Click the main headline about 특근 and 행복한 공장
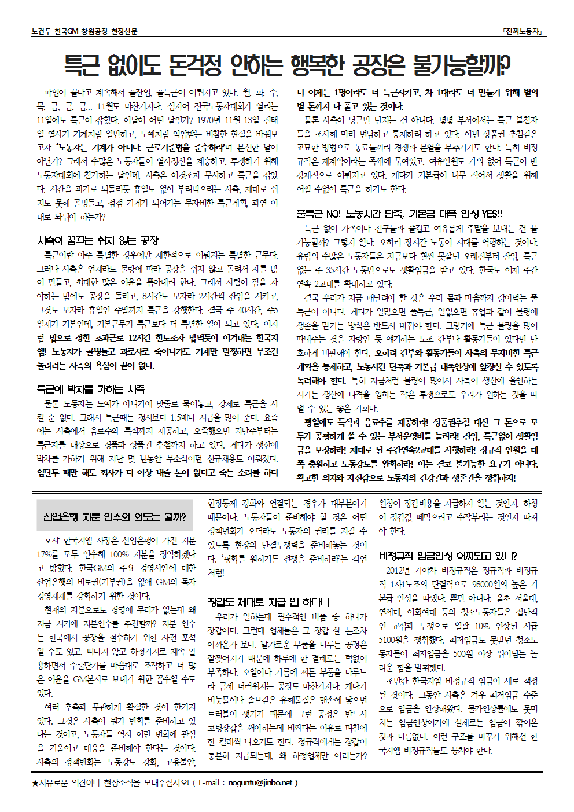point(287,64)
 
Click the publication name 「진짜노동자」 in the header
point(523,31)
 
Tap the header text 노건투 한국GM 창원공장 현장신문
point(84,31)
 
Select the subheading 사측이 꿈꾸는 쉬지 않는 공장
point(97,240)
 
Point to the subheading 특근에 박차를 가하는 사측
point(91,389)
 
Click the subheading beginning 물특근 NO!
point(399,214)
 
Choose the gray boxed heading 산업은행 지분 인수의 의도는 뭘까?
point(115,516)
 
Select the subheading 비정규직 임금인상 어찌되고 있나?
point(447,556)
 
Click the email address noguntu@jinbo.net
point(260,782)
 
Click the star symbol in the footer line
point(35,782)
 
